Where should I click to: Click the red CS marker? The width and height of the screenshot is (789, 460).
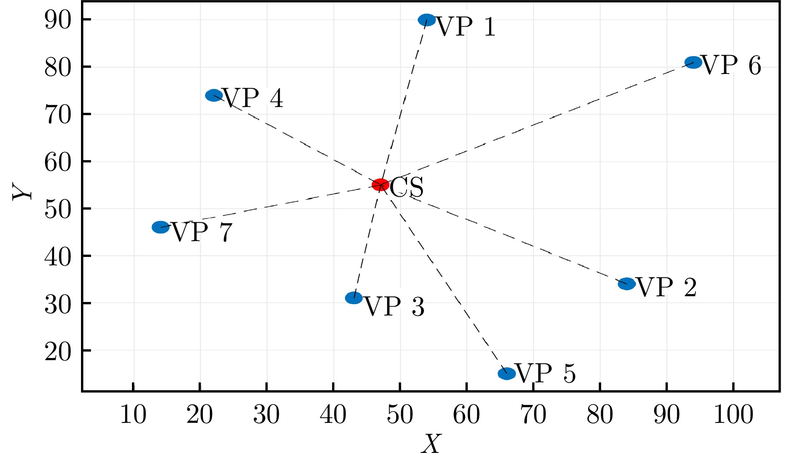tap(380, 184)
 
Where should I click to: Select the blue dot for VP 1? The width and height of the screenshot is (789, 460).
tap(427, 20)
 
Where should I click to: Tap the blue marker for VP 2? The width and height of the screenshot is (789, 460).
tap(627, 284)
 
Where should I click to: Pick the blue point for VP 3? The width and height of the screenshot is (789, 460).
tap(354, 298)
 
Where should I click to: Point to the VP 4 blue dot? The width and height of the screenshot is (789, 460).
tap(214, 95)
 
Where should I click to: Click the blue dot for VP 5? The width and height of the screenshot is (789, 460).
tap(507, 374)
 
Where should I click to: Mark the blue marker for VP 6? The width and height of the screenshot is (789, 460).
tap(693, 63)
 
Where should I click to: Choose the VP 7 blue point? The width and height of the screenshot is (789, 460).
tap(161, 227)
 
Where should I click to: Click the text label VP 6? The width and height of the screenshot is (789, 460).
tap(732, 66)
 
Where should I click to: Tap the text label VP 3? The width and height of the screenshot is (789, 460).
tap(394, 307)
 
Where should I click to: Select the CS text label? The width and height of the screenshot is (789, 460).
tap(407, 188)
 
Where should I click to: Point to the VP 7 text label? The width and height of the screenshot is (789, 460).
tap(202, 233)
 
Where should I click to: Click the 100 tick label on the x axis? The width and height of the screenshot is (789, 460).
tap(733, 415)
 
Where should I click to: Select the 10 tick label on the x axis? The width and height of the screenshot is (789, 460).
tap(133, 415)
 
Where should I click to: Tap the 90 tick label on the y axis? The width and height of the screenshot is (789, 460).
tap(58, 20)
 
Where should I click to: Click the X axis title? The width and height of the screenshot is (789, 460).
tap(431, 445)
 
